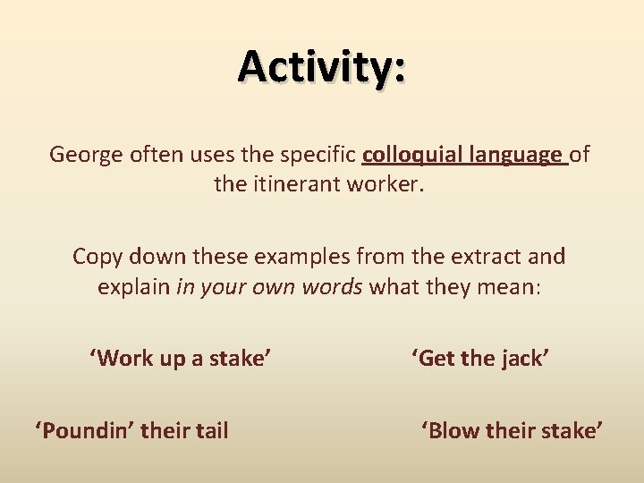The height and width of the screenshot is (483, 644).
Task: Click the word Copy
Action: [96, 257]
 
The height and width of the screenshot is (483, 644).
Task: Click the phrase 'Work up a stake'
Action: [180, 359]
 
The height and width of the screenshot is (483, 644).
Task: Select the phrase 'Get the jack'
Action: [480, 359]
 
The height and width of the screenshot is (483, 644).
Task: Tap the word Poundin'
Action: [84, 431]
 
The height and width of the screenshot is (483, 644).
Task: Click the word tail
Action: [208, 431]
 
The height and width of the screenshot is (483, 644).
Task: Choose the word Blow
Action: [451, 431]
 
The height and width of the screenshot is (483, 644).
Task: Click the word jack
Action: [523, 359]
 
